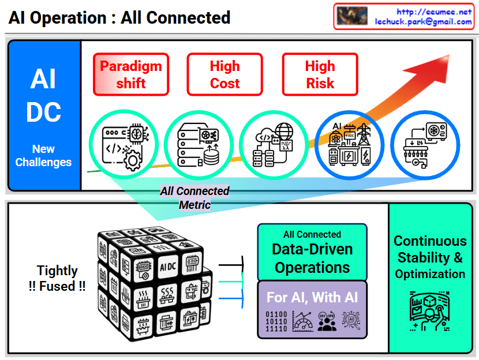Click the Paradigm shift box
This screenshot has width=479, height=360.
tap(131, 74)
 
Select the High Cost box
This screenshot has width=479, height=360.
tap(224, 74)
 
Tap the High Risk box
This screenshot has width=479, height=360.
tap(320, 74)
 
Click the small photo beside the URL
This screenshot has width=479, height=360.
tap(352, 16)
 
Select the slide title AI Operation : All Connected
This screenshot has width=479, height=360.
tap(119, 18)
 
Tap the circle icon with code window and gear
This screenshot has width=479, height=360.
tap(122, 144)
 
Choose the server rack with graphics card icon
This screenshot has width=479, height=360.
tap(198, 144)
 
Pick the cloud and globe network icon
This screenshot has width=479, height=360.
tap(273, 144)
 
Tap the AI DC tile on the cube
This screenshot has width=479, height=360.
tap(167, 267)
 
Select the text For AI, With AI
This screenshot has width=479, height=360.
tap(312, 298)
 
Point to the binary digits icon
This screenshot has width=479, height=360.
tap(276, 321)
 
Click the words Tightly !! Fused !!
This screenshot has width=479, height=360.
tap(57, 278)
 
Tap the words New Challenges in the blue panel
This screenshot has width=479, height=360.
tap(44, 156)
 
